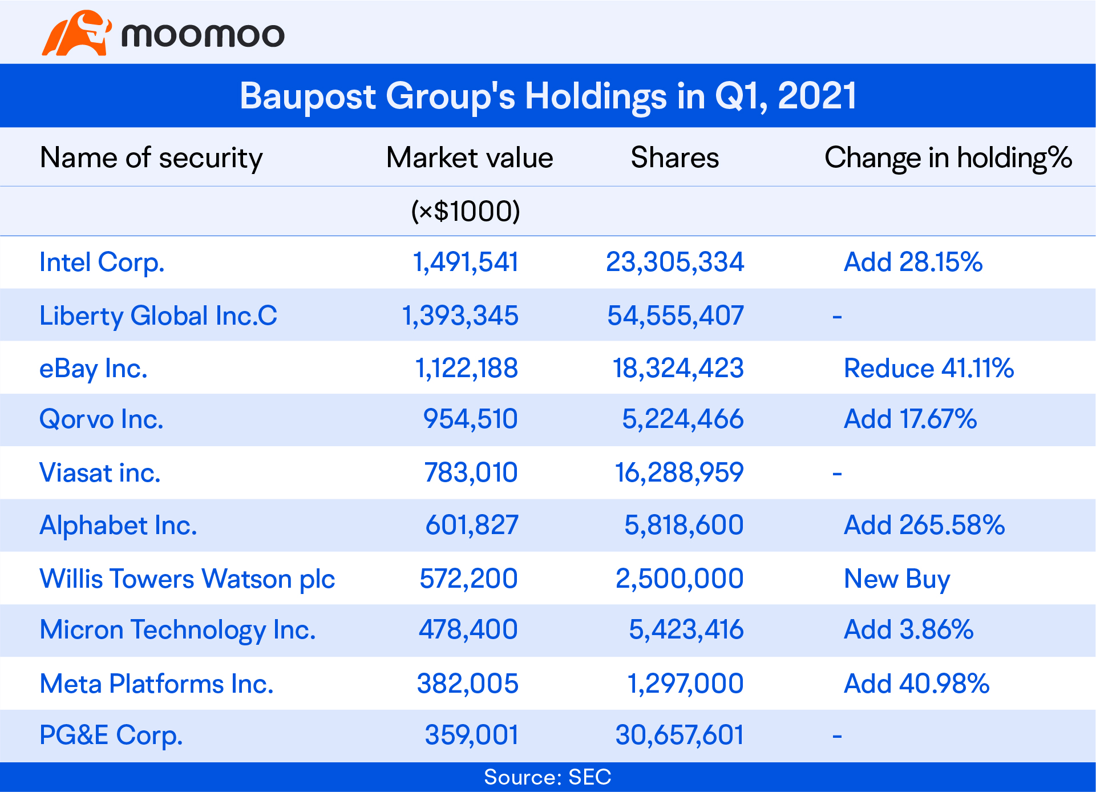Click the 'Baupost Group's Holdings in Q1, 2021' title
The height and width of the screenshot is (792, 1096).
548,95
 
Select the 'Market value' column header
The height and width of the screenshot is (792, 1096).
470,157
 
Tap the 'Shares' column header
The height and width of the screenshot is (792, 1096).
674,157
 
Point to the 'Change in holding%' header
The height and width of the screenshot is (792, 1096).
948,157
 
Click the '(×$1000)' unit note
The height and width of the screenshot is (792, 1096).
466,211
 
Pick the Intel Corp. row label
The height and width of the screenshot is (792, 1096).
102,262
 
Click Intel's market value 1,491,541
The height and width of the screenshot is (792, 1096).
466,262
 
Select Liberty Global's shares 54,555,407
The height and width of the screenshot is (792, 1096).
675,316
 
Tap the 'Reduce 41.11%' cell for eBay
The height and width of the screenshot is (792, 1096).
928,368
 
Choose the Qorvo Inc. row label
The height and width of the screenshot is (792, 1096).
101,419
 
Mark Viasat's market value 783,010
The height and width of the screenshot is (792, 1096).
471,472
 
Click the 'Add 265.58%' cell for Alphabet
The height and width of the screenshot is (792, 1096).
924,525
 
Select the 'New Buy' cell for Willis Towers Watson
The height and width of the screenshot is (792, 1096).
896,579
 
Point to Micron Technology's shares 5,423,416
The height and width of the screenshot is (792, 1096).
686,630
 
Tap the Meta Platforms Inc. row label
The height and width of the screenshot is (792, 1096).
156,684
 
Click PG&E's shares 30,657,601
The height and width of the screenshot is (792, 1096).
680,735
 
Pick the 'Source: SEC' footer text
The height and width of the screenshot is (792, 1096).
548,777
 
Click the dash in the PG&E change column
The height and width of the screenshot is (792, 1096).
837,736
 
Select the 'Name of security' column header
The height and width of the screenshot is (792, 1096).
151,157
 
